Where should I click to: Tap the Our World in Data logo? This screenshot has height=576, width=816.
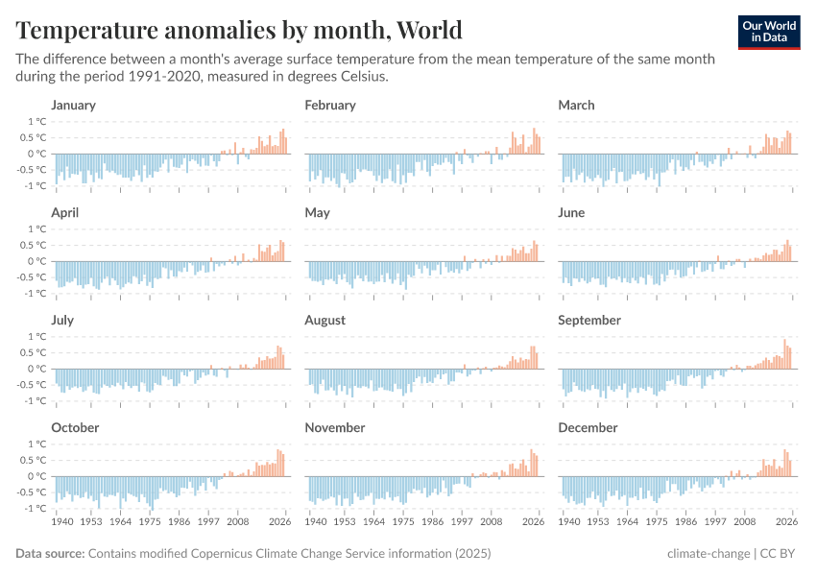pos(768,32)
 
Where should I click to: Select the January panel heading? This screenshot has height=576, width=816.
pos(73,105)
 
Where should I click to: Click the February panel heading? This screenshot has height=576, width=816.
pos(329,105)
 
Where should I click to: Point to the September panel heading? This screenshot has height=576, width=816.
pos(588,320)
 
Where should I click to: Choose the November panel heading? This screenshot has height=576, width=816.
pos(334,427)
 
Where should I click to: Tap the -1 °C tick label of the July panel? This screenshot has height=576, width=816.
pos(36,400)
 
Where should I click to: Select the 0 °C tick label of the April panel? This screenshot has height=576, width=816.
pos(37,261)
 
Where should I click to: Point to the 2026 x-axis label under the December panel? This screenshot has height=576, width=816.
pos(786,522)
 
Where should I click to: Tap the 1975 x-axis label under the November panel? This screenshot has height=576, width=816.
pos(404,522)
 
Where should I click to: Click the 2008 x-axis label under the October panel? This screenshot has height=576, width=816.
pos(237,522)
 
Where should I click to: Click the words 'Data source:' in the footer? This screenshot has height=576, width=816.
pos(50,554)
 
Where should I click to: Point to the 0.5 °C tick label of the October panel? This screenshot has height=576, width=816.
pos(35,460)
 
